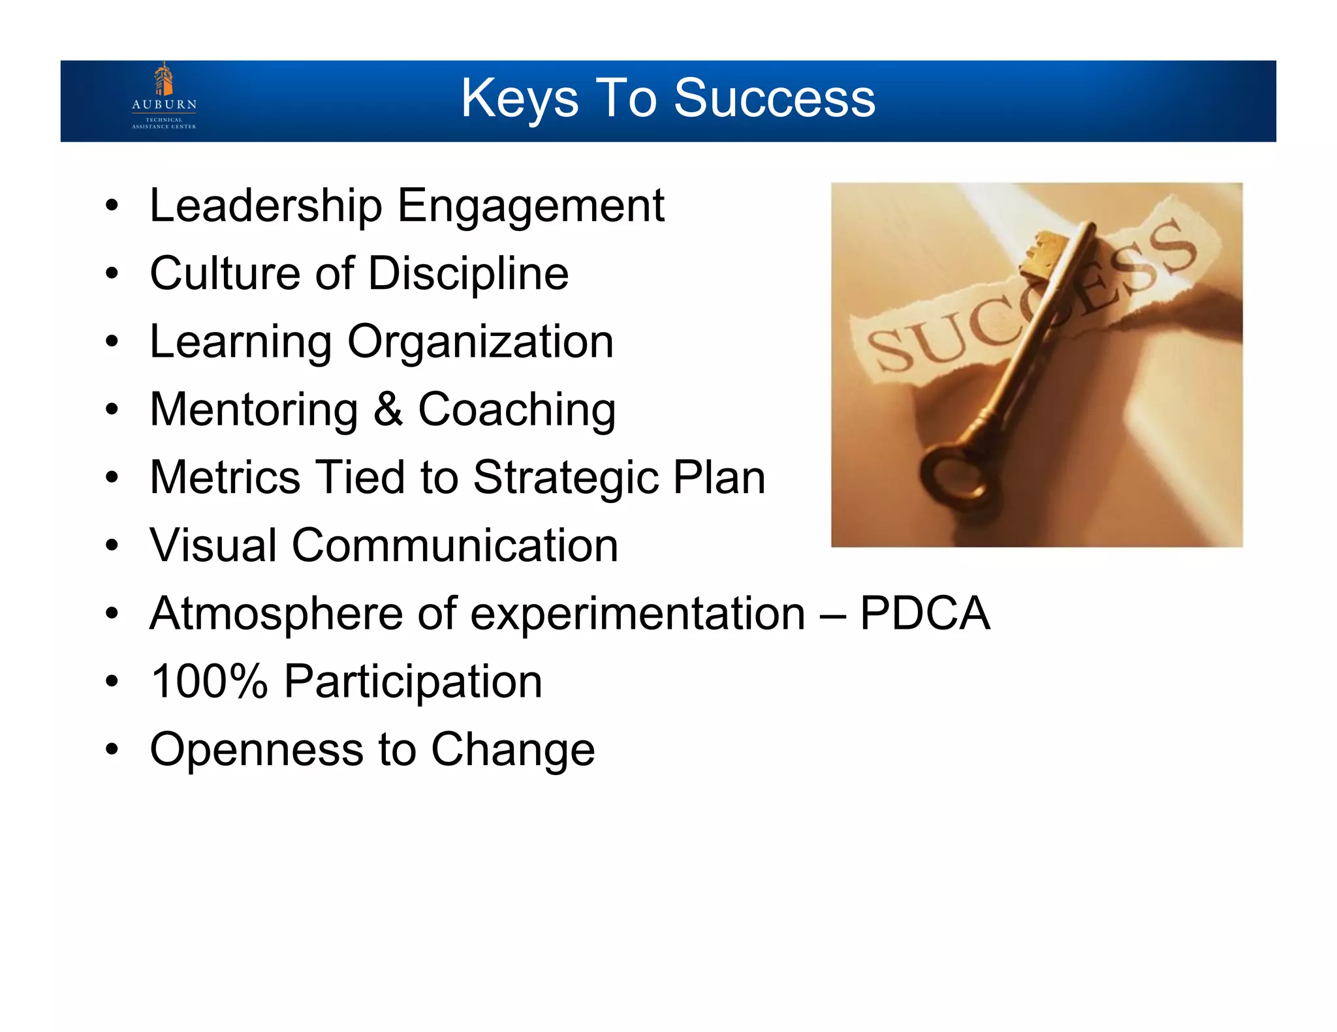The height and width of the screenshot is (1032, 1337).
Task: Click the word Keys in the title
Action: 519,99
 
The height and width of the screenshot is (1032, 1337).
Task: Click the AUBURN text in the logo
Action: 164,104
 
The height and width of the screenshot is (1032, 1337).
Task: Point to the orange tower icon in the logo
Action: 163,78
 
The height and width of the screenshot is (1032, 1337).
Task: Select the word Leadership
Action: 266,205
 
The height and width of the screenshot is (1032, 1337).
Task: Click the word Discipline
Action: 468,273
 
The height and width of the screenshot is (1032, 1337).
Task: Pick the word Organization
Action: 480,342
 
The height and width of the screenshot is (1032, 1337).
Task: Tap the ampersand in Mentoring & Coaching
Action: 388,410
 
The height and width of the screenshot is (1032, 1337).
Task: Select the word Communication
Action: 454,545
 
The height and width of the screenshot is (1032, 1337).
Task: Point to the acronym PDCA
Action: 924,613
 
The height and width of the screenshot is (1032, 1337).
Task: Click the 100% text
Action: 209,682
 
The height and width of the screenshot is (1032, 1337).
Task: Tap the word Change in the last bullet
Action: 512,750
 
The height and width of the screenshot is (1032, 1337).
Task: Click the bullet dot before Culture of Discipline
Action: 112,273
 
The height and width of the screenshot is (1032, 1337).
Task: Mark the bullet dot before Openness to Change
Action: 112,750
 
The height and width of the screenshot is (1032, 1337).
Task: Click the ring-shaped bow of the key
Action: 956,479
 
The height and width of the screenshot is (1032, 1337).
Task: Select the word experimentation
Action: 637,615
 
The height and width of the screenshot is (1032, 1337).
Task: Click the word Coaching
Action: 516,410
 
